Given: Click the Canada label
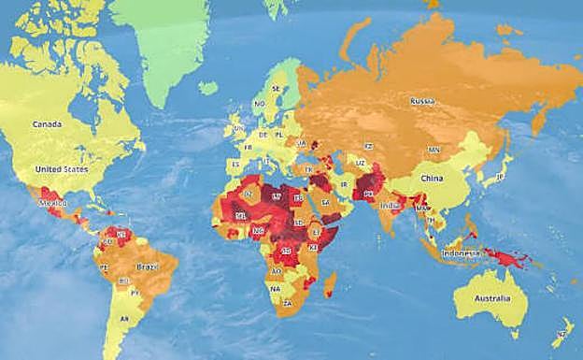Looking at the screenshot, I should pos(47,123).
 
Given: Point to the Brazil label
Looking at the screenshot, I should pos(149,266).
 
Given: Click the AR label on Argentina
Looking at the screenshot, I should pos(123,320).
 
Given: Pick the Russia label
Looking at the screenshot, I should pos(423,100).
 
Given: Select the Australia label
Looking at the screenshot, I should pos(491,299).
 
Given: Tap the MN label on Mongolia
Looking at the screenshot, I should pos(434,150).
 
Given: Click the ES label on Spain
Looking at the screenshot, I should pos(233,162).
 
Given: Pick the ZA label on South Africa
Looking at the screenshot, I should pos(288,304).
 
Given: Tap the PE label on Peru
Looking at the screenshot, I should pos(104,267).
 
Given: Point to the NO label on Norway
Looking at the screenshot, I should pos(259,104).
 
